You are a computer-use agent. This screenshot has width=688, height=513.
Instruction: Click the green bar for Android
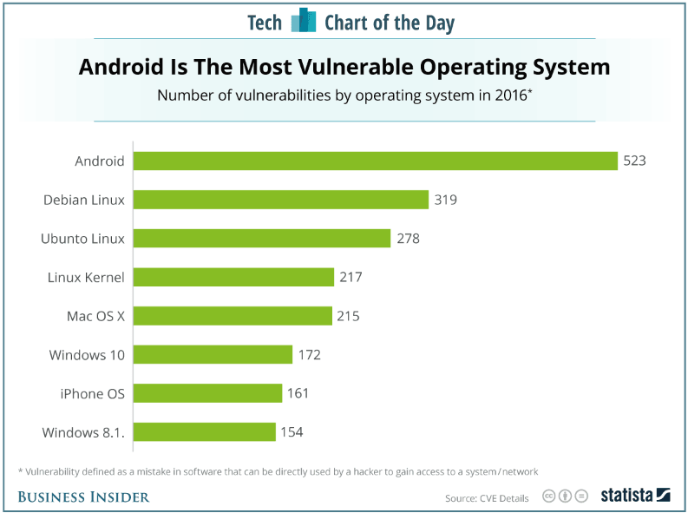coord(375,161)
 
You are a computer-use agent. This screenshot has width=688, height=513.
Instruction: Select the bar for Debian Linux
coord(281,200)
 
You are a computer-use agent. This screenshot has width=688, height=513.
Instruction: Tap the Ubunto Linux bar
coord(262,238)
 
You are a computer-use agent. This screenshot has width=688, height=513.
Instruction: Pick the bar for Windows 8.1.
coord(205,431)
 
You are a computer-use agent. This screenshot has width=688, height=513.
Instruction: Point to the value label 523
coord(634,161)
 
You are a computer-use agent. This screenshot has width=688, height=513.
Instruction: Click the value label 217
coord(351,277)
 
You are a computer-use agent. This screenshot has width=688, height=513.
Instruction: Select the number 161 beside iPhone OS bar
coord(298,393)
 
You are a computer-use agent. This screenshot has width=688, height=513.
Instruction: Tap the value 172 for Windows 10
coord(309,354)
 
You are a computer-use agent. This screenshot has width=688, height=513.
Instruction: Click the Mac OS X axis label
coord(95,316)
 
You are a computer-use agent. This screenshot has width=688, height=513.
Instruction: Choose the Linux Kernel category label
coord(86,277)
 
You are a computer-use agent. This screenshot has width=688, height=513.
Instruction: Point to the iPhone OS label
coord(92,393)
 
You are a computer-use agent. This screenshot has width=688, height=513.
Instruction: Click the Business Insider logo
coord(83,497)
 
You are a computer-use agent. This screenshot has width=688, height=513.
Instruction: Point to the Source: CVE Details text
coord(487,498)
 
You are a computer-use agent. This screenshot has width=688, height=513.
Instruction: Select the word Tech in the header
coord(265,23)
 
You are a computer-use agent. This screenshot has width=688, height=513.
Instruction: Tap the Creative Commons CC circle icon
coord(549,497)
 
